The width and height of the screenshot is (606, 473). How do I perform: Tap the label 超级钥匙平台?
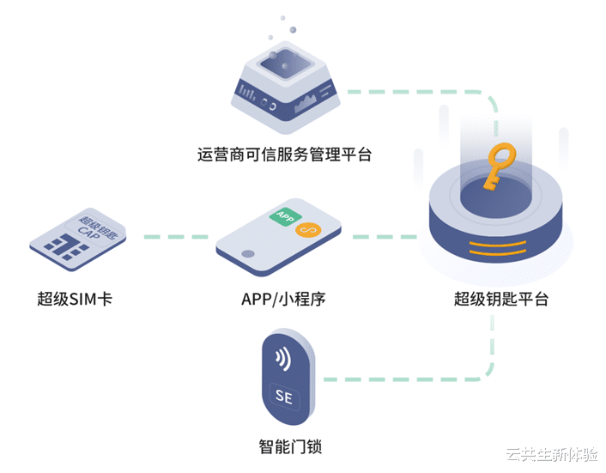(501, 300)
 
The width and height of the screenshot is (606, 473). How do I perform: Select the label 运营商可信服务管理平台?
(284, 155)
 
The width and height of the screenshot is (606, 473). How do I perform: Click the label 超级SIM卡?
(75, 300)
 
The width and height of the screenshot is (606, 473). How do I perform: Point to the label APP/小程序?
(283, 300)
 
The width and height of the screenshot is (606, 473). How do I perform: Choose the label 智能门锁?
(290, 447)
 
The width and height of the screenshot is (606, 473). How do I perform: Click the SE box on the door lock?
(284, 396)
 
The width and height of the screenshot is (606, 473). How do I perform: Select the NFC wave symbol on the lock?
(282, 358)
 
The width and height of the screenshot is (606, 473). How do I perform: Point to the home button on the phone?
(249, 254)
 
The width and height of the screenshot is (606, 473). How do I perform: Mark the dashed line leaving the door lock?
(403, 379)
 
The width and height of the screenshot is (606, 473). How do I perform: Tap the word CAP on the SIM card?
(89, 230)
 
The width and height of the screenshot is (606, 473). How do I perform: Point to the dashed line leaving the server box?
(412, 89)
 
